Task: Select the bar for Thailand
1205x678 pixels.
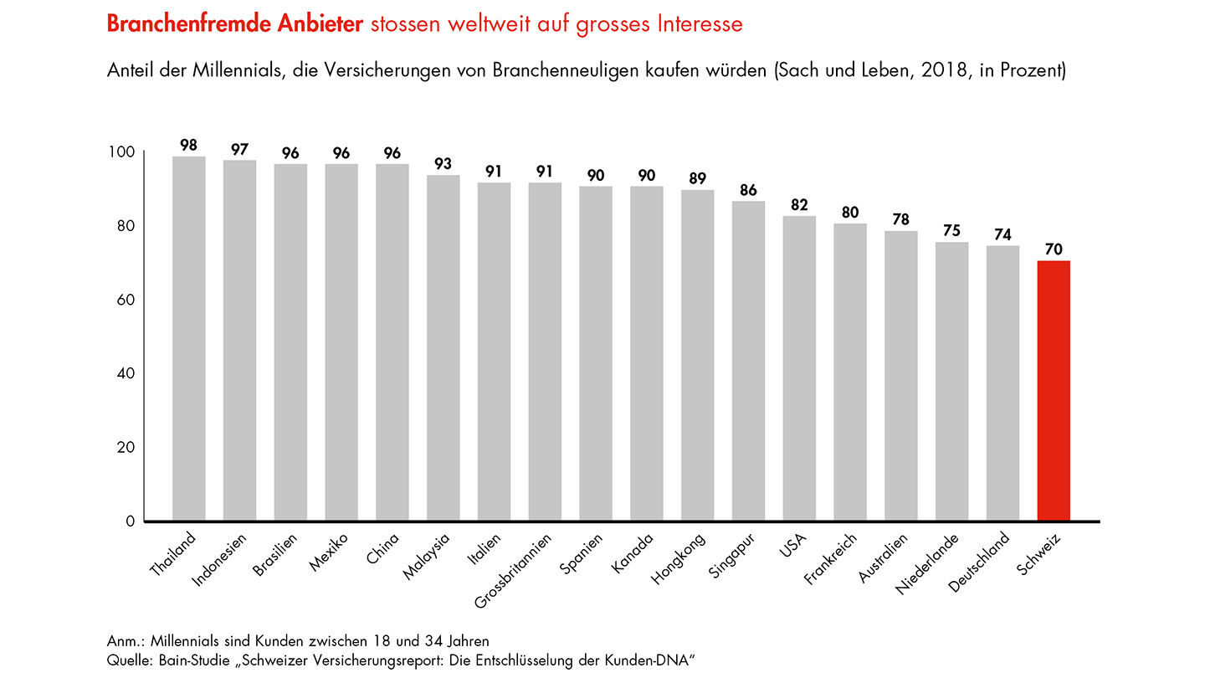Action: click(x=188, y=338)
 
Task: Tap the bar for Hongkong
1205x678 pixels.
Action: click(x=698, y=355)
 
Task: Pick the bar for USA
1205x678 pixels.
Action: click(x=799, y=368)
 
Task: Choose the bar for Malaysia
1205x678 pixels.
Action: click(x=444, y=347)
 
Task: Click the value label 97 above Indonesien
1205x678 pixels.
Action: click(x=239, y=149)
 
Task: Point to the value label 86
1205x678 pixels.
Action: click(x=748, y=190)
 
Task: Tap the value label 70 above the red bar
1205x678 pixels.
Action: click(x=1054, y=249)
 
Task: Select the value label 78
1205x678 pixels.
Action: click(x=901, y=220)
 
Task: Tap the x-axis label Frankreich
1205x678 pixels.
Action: click(x=830, y=559)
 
